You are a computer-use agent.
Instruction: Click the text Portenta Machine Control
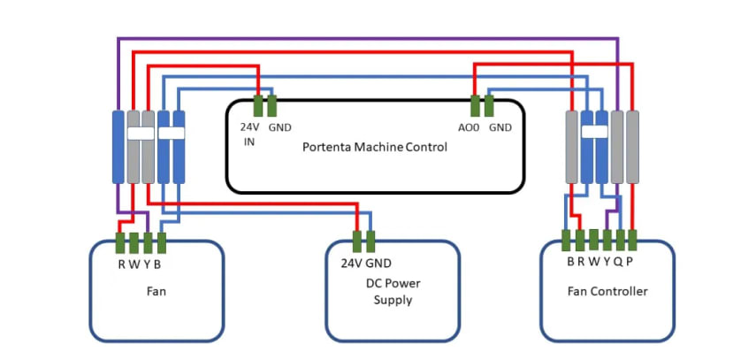point(375,147)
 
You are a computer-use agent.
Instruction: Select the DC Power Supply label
point(393,292)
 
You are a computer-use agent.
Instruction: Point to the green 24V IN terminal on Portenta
point(258,106)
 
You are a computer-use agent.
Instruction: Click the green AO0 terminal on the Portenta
point(475,106)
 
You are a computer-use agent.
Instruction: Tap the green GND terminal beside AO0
point(489,106)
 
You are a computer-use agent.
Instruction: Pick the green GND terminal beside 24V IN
point(271,106)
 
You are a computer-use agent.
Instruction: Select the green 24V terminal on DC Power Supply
point(357,241)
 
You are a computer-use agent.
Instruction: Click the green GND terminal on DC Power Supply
point(370,241)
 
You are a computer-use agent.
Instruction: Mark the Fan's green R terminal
point(121,241)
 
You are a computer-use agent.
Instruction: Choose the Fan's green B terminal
point(161,241)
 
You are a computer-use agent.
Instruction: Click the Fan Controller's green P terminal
point(632,239)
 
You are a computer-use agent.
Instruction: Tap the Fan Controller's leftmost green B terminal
point(566,239)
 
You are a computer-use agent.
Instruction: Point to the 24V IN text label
point(249,134)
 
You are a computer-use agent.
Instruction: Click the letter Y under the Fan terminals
point(148,264)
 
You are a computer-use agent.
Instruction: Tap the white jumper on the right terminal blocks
point(595,132)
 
